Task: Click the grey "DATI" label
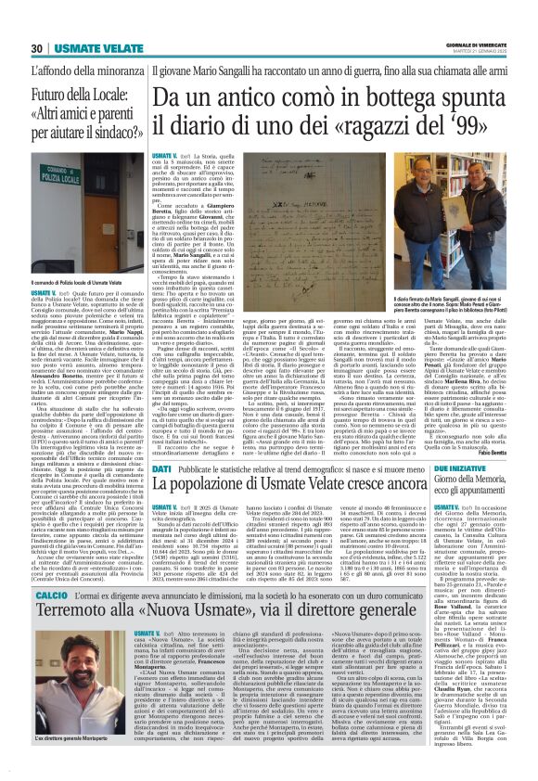(x=162, y=469)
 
